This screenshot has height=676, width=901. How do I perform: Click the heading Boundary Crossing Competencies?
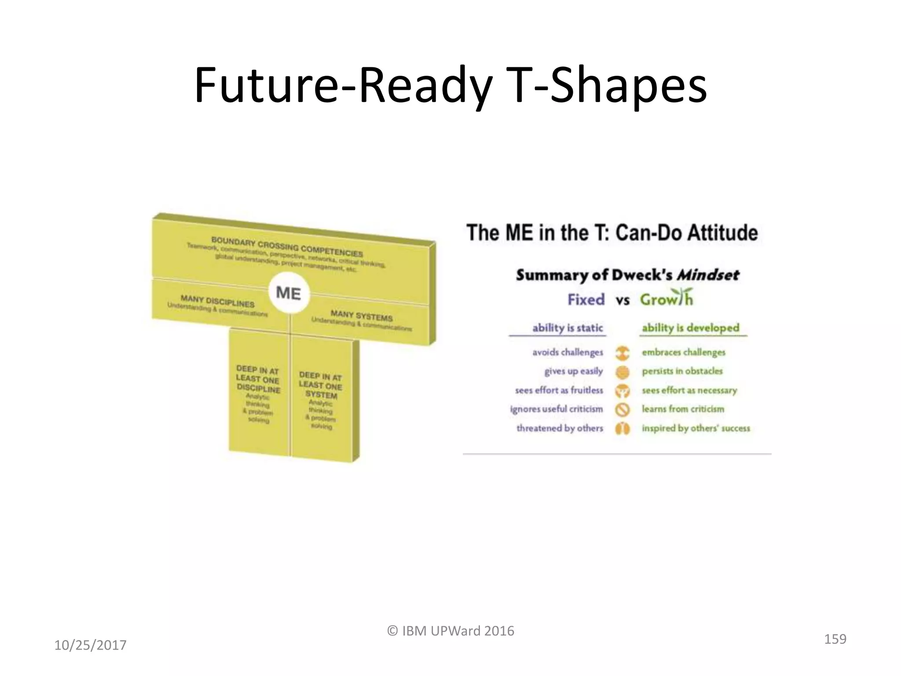coord(287,247)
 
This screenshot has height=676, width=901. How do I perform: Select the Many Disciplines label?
coord(217,301)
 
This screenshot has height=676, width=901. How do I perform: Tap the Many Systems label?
coord(361,316)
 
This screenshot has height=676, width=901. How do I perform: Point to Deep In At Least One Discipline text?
coord(258,379)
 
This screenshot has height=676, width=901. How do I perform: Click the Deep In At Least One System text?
coord(321,385)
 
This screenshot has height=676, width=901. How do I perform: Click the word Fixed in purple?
coord(586,300)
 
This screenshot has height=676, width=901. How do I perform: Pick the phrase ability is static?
coord(568,328)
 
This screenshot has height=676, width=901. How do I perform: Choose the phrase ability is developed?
coord(690,328)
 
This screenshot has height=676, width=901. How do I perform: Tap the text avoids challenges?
coord(568,352)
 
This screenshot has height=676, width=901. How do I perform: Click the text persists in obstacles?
coord(682,371)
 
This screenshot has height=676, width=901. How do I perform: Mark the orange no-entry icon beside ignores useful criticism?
coord(623,410)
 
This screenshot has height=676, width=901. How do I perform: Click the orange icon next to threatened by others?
coord(623,429)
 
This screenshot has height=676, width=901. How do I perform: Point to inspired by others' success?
coord(696,428)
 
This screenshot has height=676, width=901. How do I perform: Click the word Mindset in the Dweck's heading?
coord(708,275)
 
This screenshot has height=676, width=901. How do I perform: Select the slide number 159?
coord(835,639)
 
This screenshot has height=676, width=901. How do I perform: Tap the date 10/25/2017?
coord(90,645)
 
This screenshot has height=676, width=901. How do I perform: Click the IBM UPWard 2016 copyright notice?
coord(450,631)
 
